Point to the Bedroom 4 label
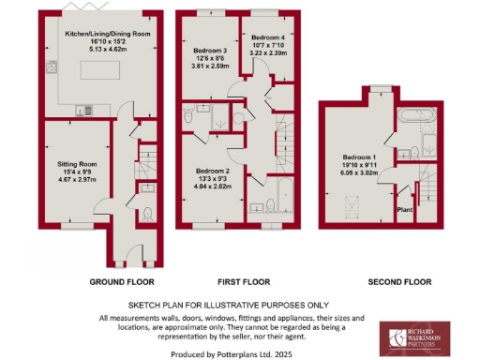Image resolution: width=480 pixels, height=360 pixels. point(269,35)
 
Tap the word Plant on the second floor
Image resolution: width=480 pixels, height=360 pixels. point(406,210)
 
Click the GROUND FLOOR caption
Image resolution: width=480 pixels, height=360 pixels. point(122,281)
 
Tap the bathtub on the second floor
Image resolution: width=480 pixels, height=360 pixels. point(416,118)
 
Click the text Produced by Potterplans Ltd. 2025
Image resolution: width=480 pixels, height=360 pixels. point(239,353)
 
